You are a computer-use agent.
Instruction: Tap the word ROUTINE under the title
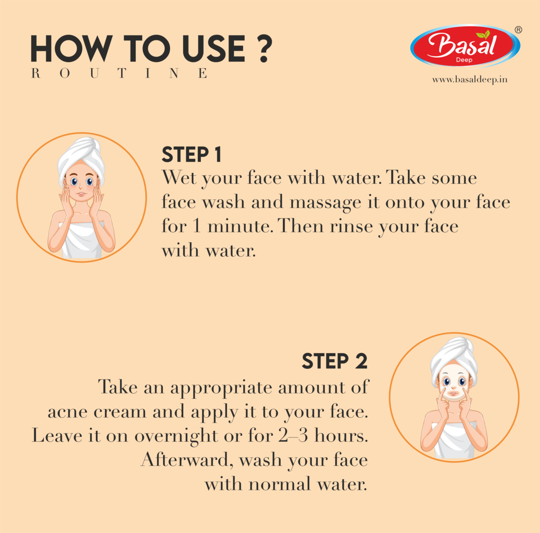pos(120,73)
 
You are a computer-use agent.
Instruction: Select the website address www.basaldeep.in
pos(469,80)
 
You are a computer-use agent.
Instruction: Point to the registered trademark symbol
pos(518,30)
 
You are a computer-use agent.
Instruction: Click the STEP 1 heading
pos(192,155)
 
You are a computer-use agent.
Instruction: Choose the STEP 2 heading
pos(334,361)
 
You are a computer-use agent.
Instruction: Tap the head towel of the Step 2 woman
pos(454,354)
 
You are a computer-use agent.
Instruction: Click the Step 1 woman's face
pos(81,185)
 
